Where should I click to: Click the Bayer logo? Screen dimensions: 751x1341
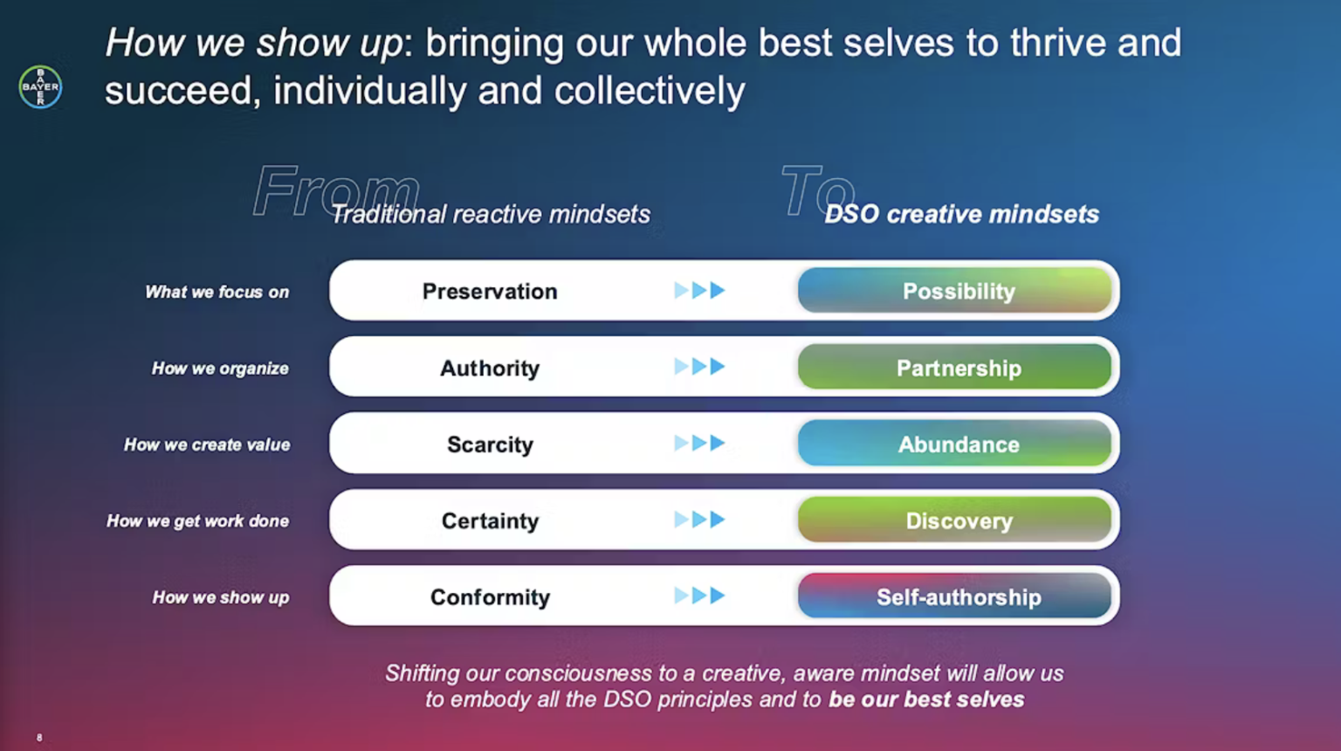pyautogui.click(x=40, y=87)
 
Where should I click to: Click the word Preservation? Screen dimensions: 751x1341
pyautogui.click(x=490, y=292)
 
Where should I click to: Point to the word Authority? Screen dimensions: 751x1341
pyautogui.click(x=490, y=369)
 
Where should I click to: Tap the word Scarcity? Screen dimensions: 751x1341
pyautogui.click(x=490, y=444)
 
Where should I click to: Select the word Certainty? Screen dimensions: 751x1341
pyautogui.click(x=490, y=521)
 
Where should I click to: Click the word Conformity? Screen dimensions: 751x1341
pyautogui.click(x=490, y=597)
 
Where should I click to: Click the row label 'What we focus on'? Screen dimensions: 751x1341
pyautogui.click(x=217, y=293)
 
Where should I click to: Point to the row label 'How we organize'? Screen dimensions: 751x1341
pyautogui.click(x=220, y=369)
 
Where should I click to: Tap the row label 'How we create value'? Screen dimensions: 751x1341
pyautogui.click(x=207, y=445)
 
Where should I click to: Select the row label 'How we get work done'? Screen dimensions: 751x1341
pyautogui.click(x=197, y=521)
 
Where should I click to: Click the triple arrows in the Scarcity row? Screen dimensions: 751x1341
pyautogui.click(x=699, y=444)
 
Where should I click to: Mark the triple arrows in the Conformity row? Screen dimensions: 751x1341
pyautogui.click(x=699, y=596)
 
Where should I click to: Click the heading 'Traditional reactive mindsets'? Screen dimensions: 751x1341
pyautogui.click(x=491, y=215)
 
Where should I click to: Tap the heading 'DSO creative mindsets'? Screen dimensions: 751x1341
pyautogui.click(x=961, y=215)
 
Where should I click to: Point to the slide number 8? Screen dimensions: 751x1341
pyautogui.click(x=39, y=738)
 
